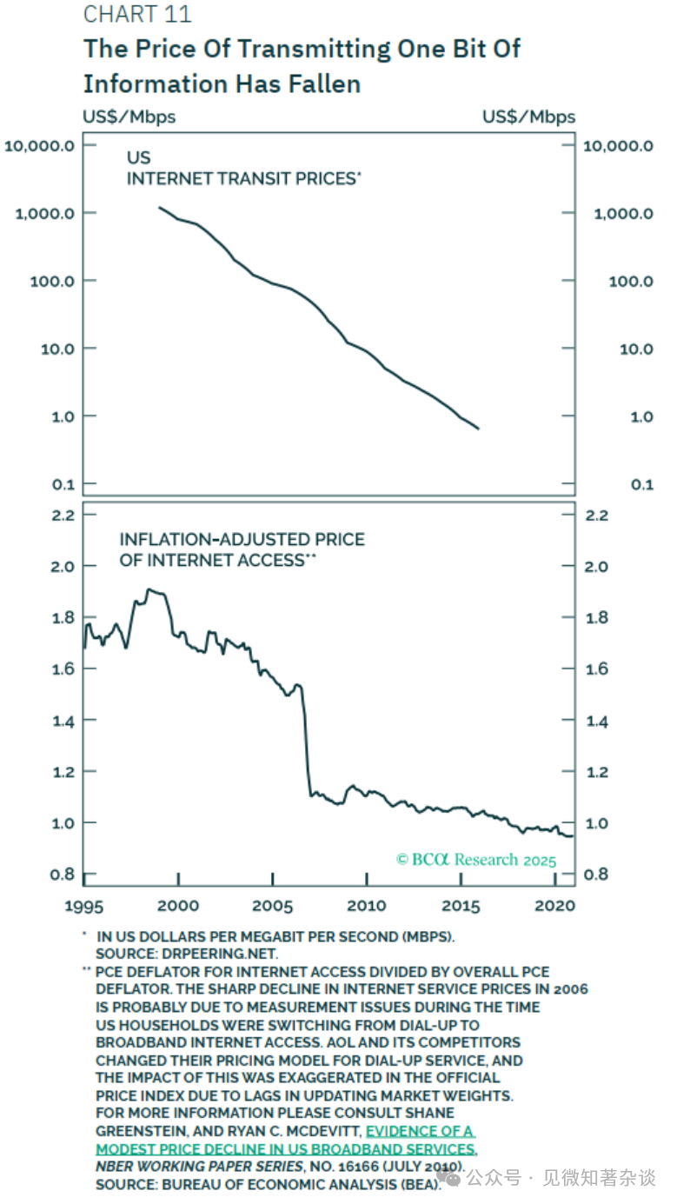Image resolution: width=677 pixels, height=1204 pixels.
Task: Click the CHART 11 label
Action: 136,15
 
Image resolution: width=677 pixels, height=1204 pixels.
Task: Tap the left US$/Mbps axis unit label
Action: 129,116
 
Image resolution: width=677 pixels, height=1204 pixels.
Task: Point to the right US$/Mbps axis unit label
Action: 528,116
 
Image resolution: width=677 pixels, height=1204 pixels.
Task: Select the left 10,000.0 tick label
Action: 39,145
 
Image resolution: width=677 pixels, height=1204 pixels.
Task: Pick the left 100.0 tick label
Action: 50,281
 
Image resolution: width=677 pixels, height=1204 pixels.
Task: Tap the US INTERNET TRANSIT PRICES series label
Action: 243,169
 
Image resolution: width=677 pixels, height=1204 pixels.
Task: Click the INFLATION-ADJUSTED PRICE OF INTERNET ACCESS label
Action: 242,550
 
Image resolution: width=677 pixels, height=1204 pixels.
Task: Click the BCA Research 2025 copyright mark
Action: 476,860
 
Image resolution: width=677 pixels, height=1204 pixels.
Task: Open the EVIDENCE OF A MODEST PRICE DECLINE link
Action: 421,1132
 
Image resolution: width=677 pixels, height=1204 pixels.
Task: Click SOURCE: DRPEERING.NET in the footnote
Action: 187,954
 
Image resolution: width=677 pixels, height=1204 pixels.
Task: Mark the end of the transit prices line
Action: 479,429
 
